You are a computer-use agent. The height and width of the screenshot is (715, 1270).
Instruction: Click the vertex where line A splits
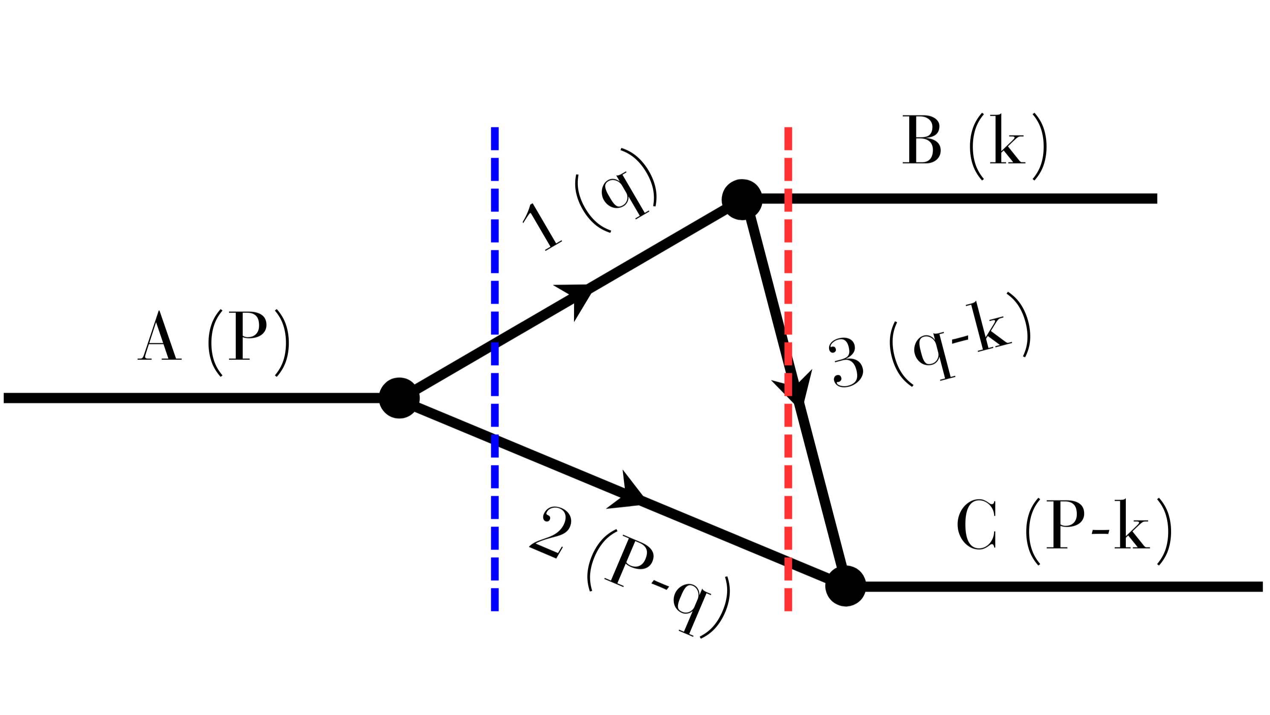[399, 398]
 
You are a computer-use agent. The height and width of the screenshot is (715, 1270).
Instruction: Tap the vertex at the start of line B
[742, 199]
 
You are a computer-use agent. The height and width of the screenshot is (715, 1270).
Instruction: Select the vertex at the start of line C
[846, 586]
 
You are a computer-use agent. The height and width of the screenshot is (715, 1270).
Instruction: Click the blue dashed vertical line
[495, 237]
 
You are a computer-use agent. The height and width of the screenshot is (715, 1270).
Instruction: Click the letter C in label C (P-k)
[976, 524]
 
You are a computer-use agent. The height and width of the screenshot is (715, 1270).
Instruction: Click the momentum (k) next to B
[1008, 146]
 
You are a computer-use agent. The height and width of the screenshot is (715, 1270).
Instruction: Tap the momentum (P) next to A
[249, 342]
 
